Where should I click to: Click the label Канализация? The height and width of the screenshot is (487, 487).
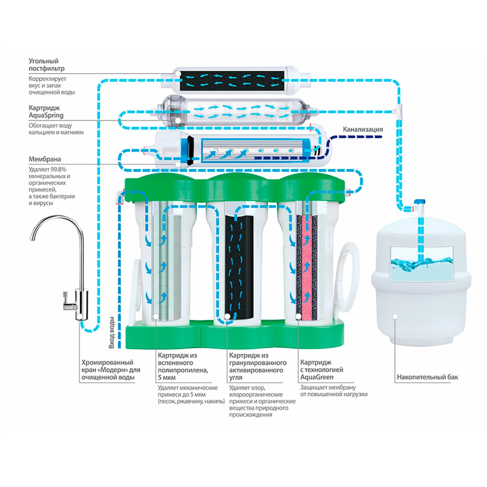point(363,129)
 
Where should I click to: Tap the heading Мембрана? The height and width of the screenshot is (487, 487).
point(45,159)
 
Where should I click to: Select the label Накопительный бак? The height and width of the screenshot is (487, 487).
point(427,377)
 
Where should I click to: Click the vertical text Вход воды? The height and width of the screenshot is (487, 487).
point(112,333)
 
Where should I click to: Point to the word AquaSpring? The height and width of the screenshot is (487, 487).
point(46,115)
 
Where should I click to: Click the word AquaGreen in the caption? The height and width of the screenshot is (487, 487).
point(317,377)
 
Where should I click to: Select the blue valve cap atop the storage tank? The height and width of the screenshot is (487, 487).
point(420,202)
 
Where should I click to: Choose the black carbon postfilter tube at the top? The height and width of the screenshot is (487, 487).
point(232,81)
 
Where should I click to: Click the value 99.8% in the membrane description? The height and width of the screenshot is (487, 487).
point(58,169)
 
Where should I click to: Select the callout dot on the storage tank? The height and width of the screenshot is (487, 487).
point(395,316)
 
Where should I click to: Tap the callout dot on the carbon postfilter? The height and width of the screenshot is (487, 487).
point(178,74)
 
